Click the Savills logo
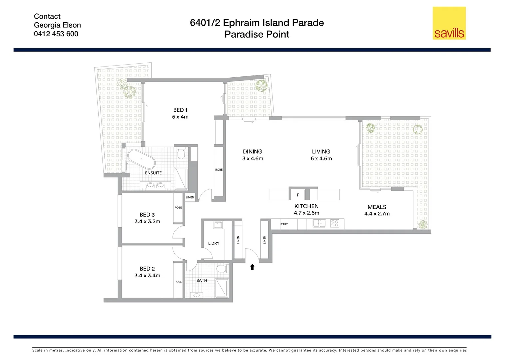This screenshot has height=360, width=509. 449,23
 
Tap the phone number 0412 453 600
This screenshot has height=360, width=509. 56,34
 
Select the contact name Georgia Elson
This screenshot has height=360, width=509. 57,25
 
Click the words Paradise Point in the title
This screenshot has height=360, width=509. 256,34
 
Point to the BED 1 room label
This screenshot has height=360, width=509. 180,110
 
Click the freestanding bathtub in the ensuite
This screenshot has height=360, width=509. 141,159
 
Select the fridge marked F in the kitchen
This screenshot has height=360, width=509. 298,195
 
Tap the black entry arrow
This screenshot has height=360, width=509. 252,267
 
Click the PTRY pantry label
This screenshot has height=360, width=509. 284,224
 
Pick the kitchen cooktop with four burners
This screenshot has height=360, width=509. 335,223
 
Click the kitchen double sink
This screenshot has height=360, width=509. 319,223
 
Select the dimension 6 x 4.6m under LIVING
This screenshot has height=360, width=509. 321,159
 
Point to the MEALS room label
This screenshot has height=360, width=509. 377,207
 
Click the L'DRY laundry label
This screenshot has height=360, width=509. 214,243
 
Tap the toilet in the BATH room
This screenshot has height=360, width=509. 221,268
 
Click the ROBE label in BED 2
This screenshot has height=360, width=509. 178,282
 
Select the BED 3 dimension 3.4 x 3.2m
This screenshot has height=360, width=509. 147,222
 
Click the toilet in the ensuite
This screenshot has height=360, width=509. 181,154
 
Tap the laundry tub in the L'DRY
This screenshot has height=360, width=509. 218,225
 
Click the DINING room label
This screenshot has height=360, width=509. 253,152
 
